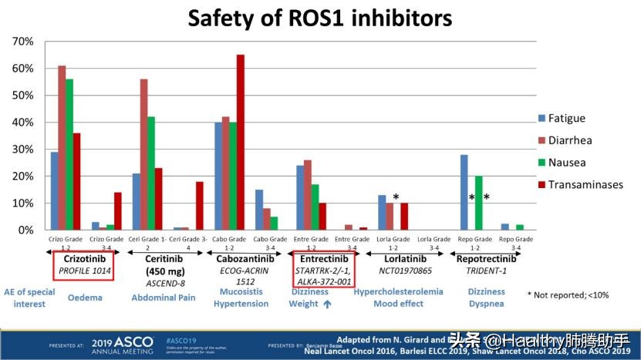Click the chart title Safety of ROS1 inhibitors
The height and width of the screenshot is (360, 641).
tap(320, 18)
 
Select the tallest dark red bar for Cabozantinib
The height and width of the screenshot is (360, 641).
tap(240, 143)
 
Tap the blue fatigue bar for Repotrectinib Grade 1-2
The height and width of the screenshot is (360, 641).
tap(464, 193)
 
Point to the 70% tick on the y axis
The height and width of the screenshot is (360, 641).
tap(23, 41)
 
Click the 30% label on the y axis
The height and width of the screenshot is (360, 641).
tap(23, 150)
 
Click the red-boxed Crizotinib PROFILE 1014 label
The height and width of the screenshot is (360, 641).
tap(83, 264)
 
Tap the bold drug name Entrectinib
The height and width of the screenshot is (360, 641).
tap(324, 259)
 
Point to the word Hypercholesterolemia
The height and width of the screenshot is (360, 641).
tap(398, 292)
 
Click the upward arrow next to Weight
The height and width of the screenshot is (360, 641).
tap(327, 304)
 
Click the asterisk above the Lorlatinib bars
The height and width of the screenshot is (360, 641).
tap(396, 198)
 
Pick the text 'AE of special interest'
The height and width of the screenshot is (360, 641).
tap(29, 298)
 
